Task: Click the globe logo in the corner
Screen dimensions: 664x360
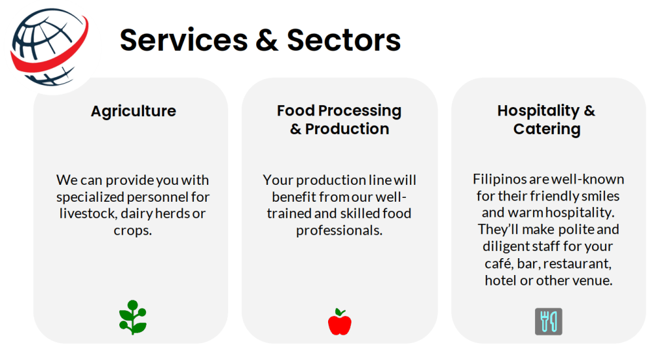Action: pyautogui.click(x=49, y=47)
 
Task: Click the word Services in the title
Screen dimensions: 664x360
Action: pyautogui.click(x=184, y=40)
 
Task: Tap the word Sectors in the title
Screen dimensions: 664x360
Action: pyautogui.click(x=344, y=40)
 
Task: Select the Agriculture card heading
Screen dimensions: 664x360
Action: pyautogui.click(x=134, y=112)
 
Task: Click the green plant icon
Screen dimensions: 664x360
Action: pyautogui.click(x=133, y=317)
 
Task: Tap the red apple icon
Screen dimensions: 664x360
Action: pyautogui.click(x=340, y=322)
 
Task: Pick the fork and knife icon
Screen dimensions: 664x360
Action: pyautogui.click(x=549, y=322)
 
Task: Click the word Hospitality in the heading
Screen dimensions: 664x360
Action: pyautogui.click(x=538, y=111)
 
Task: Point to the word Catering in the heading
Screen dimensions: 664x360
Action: pyautogui.click(x=547, y=129)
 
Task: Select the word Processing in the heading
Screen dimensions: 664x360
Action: pyautogui.click(x=359, y=111)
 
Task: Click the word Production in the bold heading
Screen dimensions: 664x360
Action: pyautogui.click(x=348, y=128)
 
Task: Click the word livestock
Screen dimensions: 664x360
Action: pyautogui.click(x=88, y=213)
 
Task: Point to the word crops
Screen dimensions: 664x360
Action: pyautogui.click(x=132, y=231)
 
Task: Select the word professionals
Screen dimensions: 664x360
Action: pyautogui.click(x=339, y=230)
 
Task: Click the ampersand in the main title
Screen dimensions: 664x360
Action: pyautogui.click(x=267, y=40)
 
